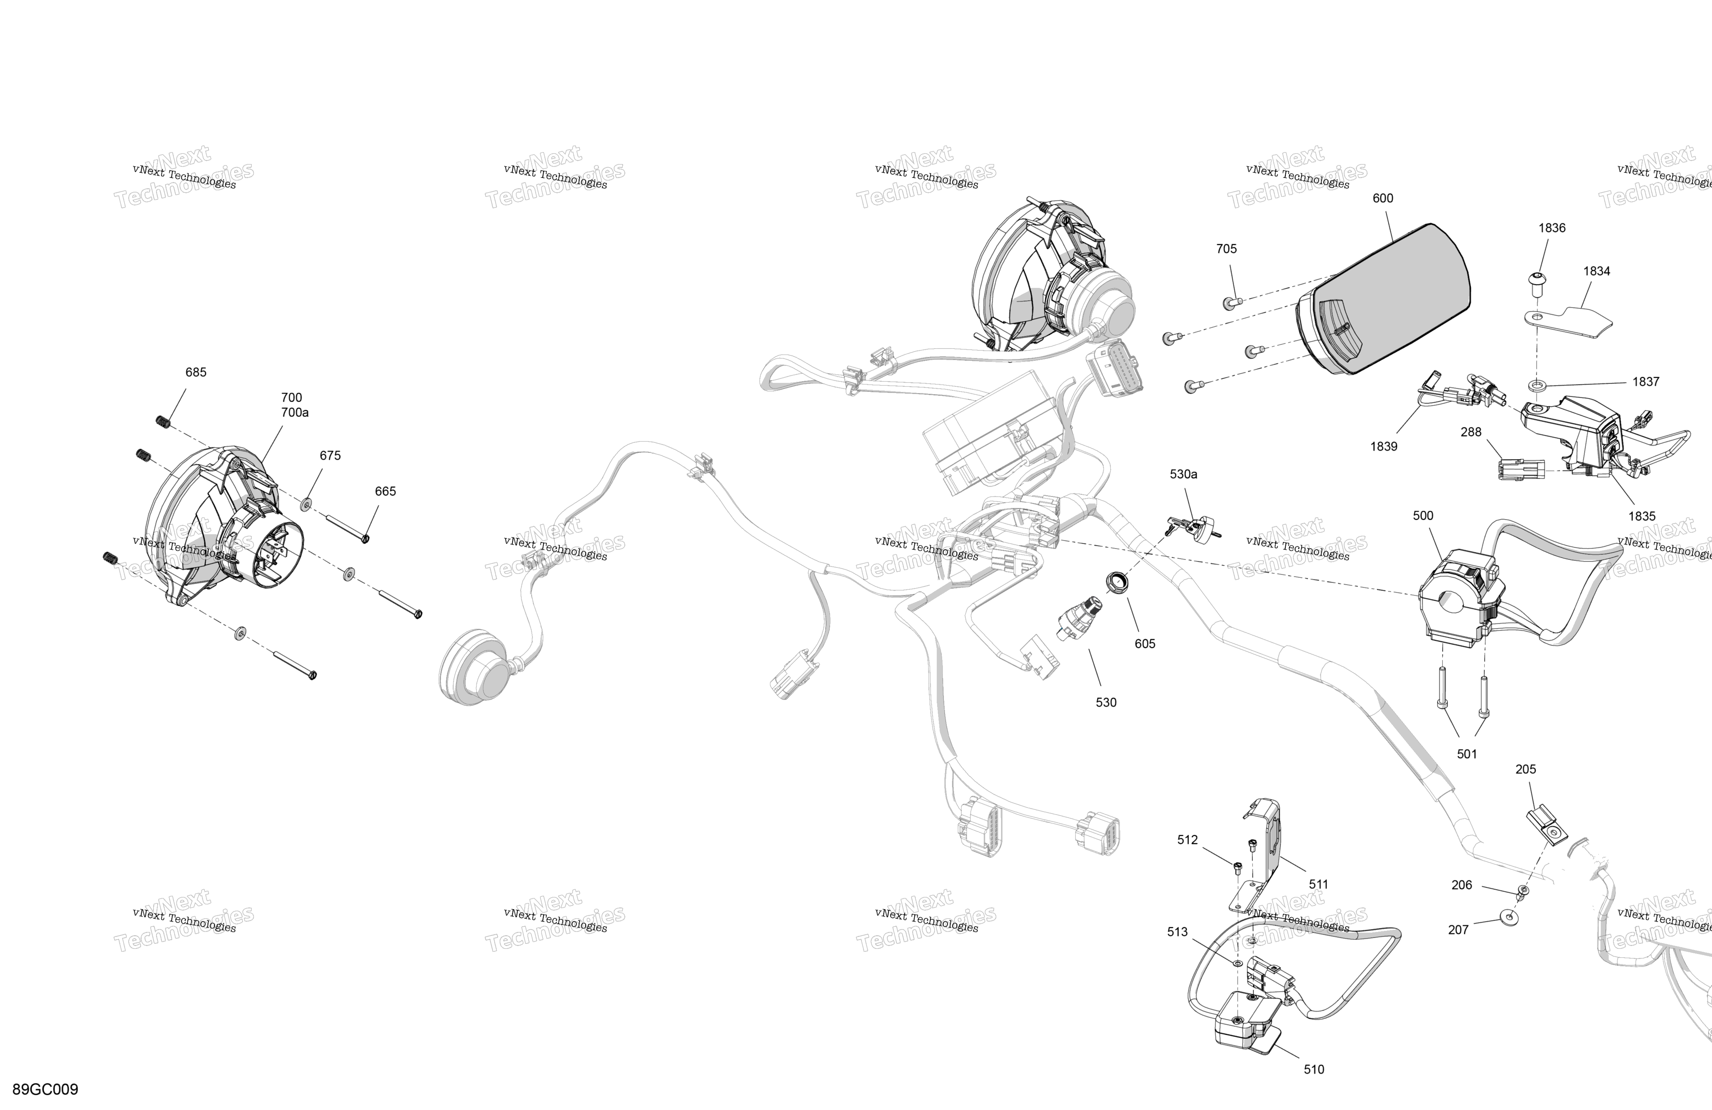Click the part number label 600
1383,199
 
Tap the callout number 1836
1552,228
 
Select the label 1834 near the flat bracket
1596,271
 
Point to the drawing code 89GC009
45,1089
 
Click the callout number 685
196,373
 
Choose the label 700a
295,413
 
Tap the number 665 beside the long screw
385,491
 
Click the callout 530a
1183,475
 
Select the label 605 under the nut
1145,644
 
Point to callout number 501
1467,754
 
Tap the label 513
1178,932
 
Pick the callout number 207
1458,930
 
